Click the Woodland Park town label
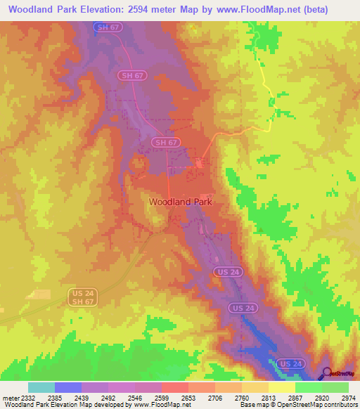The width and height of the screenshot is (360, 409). (181, 201)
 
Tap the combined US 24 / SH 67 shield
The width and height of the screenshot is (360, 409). (82, 297)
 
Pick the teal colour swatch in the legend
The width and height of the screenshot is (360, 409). (41, 387)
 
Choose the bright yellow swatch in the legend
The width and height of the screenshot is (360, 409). (281, 387)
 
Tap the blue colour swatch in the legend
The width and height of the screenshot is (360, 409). (67, 387)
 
